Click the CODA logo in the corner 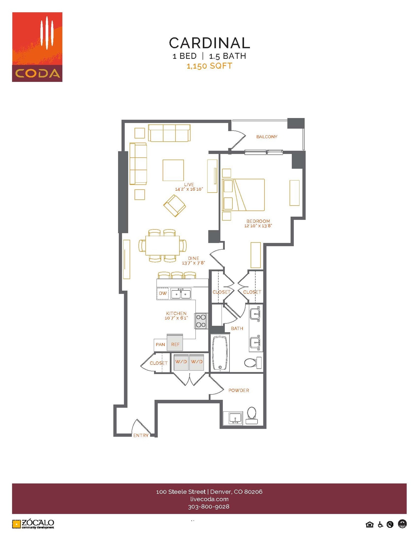tap(37, 47)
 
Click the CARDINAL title tap(209, 43)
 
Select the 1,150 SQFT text tap(209, 66)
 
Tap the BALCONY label tap(267, 137)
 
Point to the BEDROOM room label tap(258, 221)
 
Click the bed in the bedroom tap(244, 195)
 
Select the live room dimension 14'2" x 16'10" tap(189, 189)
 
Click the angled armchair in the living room tap(174, 206)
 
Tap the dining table tap(162, 245)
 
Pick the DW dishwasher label tap(163, 293)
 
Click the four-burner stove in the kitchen tap(201, 321)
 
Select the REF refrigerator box tap(175, 344)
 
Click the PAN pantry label tap(160, 344)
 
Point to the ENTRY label tap(141, 435)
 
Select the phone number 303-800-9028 tap(209, 507)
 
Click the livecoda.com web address tap(209, 499)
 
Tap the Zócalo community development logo tap(33, 524)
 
